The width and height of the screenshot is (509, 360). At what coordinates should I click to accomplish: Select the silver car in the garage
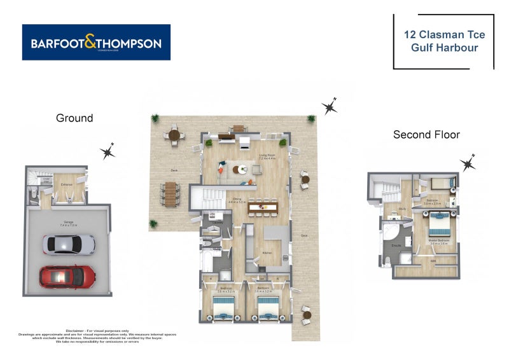(x=69, y=244)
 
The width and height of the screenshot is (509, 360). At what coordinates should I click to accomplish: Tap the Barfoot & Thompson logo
(x=96, y=43)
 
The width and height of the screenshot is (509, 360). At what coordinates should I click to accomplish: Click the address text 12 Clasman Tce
(x=443, y=35)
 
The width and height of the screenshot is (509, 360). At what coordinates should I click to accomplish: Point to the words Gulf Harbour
(x=443, y=48)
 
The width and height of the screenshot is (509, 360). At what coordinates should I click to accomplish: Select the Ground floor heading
(x=74, y=118)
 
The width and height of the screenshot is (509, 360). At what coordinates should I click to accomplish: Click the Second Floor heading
(x=426, y=134)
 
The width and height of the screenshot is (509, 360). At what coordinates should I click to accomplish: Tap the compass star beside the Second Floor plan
(x=469, y=163)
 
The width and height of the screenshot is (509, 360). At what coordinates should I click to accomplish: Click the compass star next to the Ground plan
(x=108, y=151)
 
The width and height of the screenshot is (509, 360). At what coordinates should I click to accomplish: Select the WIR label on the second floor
(x=434, y=261)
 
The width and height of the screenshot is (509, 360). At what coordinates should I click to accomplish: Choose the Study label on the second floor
(x=403, y=207)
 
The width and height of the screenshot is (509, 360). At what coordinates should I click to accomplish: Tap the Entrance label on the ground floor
(x=66, y=184)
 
